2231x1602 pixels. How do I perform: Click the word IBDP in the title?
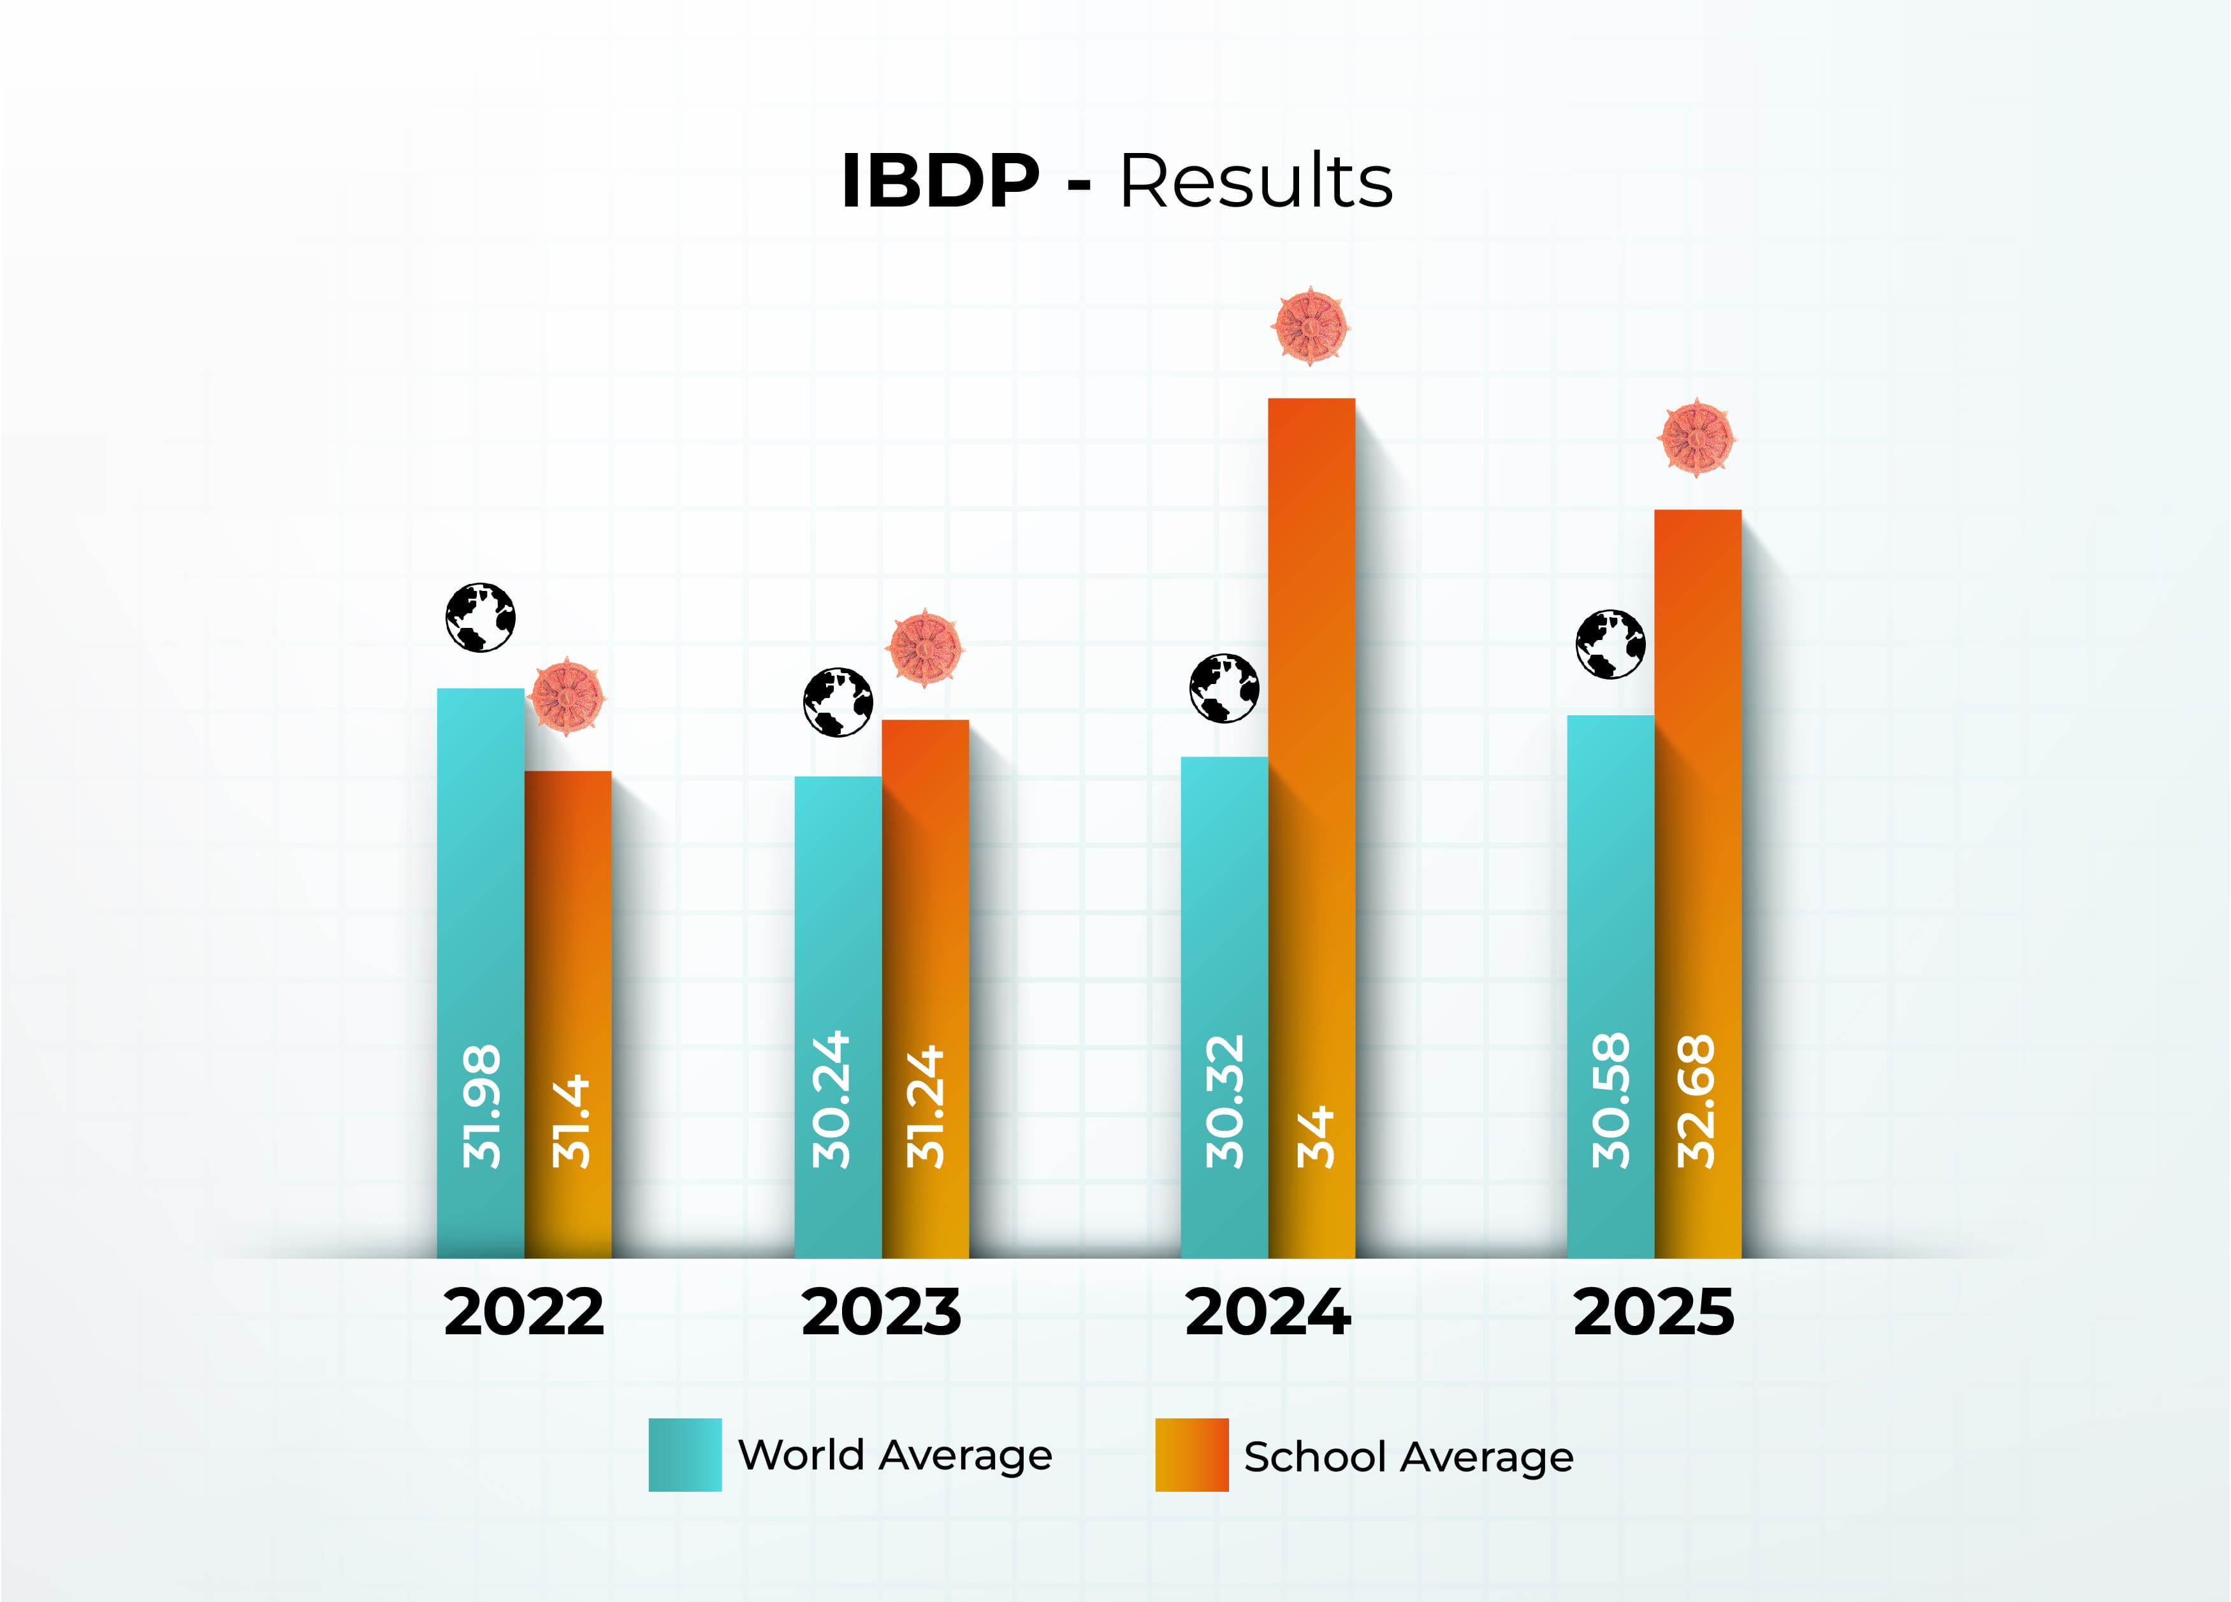coord(940,182)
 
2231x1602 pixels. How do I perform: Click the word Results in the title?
coord(1256,182)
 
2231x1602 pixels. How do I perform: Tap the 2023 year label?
coord(882,1313)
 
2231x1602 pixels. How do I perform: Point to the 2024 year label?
coord(1268,1313)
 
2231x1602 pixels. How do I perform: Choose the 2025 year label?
coord(1655,1313)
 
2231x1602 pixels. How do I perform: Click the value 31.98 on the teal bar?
coord(482,1107)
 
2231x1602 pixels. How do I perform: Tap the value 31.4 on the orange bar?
coord(570,1122)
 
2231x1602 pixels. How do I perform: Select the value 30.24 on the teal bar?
coord(831,1100)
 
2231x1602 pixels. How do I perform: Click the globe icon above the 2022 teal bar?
coord(480,618)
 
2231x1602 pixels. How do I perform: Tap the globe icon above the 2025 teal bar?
coord(1610,644)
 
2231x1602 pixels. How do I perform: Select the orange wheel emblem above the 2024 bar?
coord(1311,326)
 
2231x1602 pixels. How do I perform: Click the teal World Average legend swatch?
coord(685,1454)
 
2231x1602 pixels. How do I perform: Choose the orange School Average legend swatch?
coord(1191,1454)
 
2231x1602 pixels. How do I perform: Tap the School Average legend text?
coord(1407,1457)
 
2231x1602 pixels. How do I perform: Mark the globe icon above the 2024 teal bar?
coord(1224,688)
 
